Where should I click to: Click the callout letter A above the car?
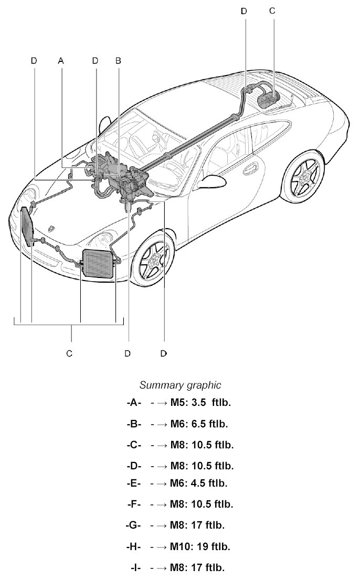(61, 61)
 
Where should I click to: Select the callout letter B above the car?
(118, 61)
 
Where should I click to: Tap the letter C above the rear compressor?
(271, 10)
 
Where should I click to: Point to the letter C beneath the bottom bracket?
(69, 353)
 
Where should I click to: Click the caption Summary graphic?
(180, 385)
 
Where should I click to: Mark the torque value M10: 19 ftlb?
(200, 546)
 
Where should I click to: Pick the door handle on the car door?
(250, 169)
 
